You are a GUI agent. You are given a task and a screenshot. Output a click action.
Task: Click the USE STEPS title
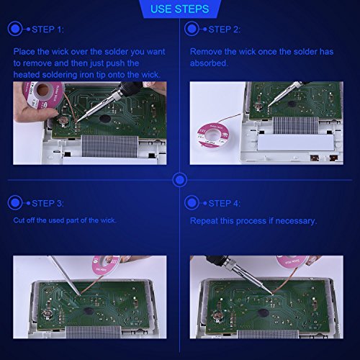[179, 9]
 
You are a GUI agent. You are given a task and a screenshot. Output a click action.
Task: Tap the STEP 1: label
[48, 30]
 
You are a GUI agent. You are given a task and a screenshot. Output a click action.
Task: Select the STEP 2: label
[224, 30]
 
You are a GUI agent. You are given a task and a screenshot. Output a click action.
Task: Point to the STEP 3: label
[48, 204]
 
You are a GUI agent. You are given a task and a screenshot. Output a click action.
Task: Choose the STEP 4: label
[224, 204]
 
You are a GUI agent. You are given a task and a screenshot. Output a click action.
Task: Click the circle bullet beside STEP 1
[15, 29]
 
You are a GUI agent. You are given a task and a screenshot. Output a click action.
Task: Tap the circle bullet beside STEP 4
[192, 203]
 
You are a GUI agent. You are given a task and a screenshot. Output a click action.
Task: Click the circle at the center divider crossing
[179, 180]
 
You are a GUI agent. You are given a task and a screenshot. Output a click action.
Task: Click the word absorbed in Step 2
[209, 63]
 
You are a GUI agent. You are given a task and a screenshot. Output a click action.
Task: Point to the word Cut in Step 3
[19, 220]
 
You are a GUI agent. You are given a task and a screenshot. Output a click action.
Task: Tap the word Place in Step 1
[24, 52]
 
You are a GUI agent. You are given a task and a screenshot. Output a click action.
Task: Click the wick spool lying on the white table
[212, 135]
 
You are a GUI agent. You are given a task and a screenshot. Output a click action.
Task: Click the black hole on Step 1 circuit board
[104, 118]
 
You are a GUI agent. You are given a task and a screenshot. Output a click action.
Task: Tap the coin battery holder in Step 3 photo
[47, 314]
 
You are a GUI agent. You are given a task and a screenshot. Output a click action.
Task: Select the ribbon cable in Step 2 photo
[295, 125]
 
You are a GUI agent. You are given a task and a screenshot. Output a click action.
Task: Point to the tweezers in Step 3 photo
[64, 276]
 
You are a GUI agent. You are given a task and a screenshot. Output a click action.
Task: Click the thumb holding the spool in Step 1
[35, 114]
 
